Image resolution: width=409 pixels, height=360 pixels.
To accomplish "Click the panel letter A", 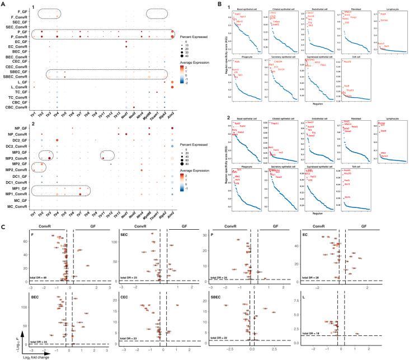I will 3,3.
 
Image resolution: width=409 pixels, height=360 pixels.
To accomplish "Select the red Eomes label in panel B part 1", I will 384,20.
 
